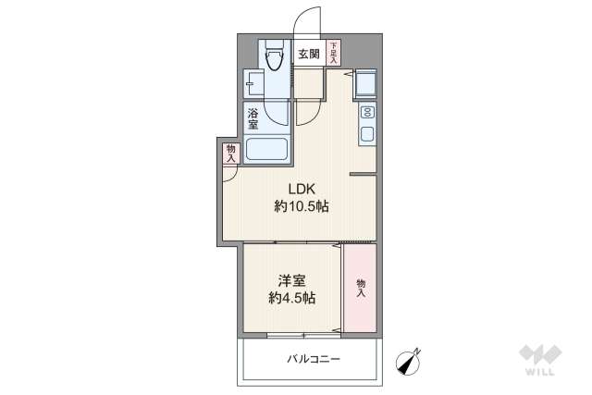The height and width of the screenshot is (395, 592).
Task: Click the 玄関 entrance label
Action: pyautogui.click(x=309, y=55)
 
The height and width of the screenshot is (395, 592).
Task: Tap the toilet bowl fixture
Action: pyautogui.click(x=274, y=58)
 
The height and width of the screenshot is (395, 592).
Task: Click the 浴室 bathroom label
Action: pyautogui.click(x=253, y=118)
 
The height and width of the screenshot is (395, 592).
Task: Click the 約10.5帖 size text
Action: pyautogui.click(x=301, y=206)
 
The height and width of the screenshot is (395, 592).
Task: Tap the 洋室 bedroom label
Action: pyautogui.click(x=292, y=279)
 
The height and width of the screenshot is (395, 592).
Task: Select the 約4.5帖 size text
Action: pyautogui.click(x=292, y=298)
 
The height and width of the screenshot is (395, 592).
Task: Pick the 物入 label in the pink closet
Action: pyautogui.click(x=360, y=287)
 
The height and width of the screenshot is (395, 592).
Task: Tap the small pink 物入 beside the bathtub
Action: pyautogui.click(x=230, y=153)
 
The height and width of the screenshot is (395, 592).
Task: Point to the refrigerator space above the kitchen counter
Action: pyautogui.click(x=364, y=84)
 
